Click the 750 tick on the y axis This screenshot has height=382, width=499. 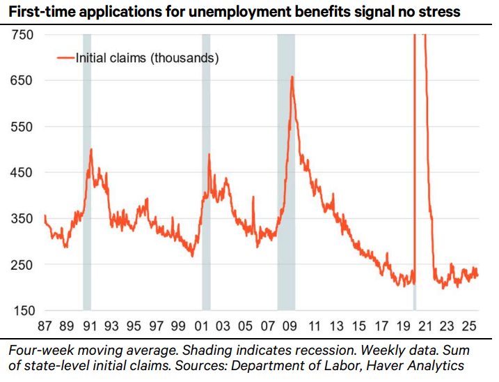point(22,35)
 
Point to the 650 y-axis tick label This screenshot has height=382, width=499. point(22,81)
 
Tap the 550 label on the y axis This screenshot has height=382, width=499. point(22,127)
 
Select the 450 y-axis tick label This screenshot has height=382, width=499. point(22,173)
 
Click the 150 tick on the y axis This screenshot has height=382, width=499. point(22,311)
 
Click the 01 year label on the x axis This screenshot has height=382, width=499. point(205,326)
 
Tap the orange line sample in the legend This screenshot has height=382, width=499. point(64,59)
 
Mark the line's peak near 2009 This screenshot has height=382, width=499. point(292,77)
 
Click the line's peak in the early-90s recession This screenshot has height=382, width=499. point(91,149)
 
